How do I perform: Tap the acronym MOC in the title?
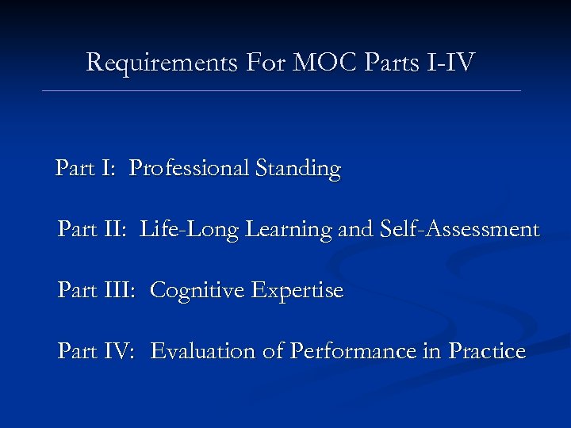click(x=315, y=62)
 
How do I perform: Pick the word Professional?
click(x=189, y=169)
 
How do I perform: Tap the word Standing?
click(x=298, y=169)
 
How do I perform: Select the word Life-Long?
click(x=190, y=230)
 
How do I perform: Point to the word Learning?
click(x=289, y=231)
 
